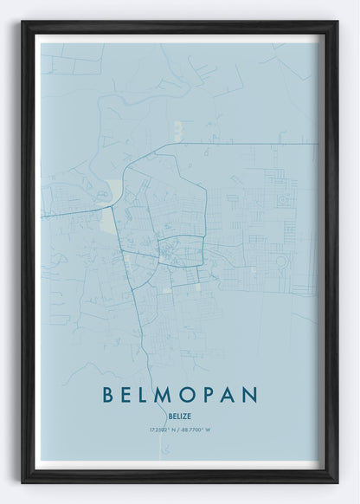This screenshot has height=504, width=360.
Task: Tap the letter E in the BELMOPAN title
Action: coord(131,395)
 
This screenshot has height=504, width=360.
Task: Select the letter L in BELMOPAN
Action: coord(150,395)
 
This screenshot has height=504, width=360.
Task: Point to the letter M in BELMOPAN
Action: coord(172,395)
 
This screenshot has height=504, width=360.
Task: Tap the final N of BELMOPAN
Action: coord(251,395)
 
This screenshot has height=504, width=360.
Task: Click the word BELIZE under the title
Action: coord(180,415)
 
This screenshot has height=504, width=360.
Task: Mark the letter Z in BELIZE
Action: coord(185,415)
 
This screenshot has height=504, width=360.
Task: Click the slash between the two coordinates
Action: coord(180,430)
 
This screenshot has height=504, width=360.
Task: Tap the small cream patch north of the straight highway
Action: coord(177,130)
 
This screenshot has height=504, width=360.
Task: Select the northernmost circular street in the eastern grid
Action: coord(283,200)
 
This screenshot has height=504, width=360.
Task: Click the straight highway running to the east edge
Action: coord(260,144)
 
